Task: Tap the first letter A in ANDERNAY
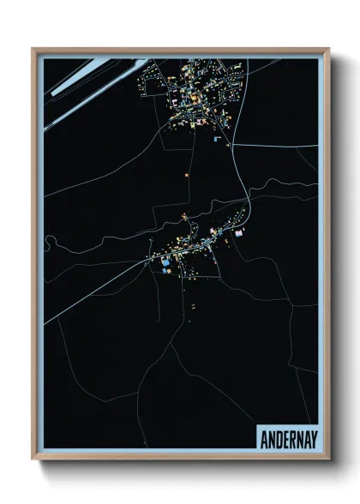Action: (261, 435)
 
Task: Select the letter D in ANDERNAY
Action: (275, 435)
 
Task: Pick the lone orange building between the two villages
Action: (186, 174)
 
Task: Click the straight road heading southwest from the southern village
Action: (94, 292)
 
